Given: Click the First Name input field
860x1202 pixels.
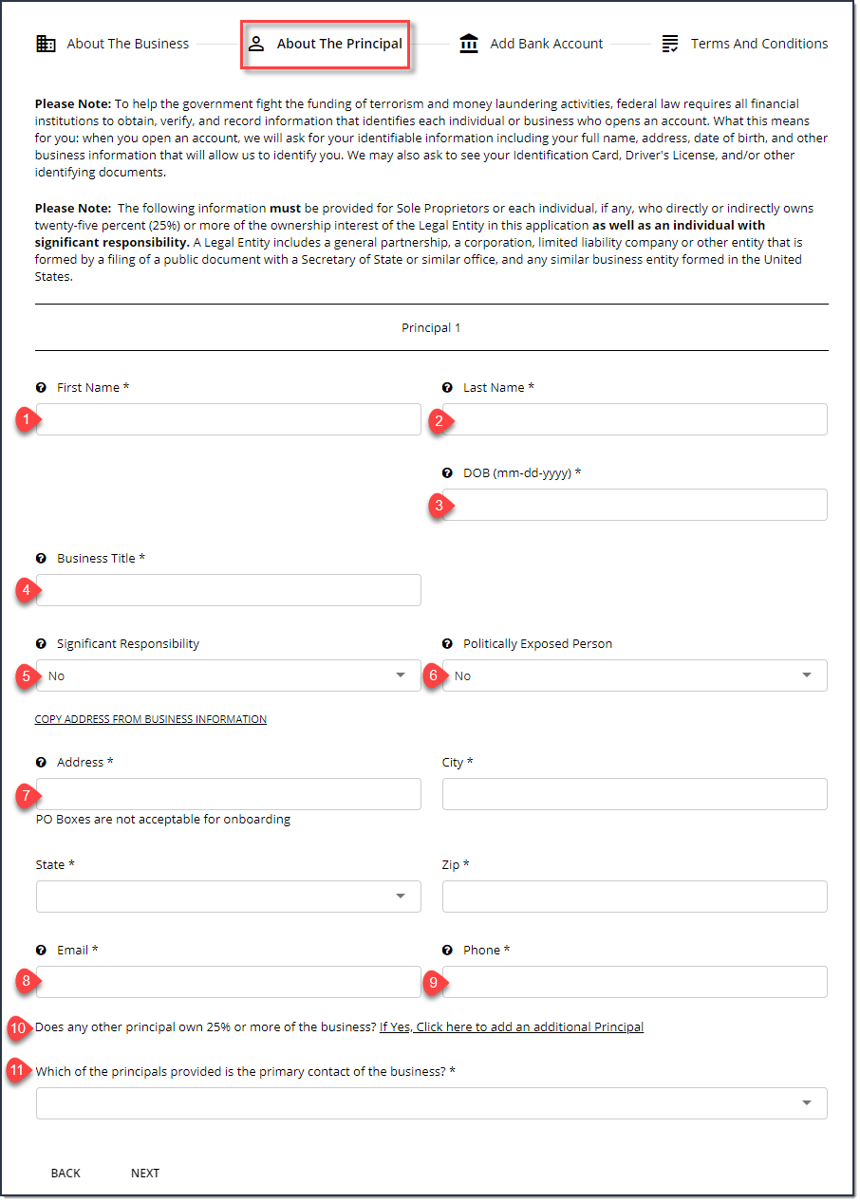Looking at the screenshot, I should click(x=228, y=419).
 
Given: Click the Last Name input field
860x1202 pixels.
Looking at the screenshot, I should click(x=634, y=419).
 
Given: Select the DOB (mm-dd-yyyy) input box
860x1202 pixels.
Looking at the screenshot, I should click(x=634, y=505).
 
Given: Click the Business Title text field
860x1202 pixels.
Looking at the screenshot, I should click(x=228, y=590).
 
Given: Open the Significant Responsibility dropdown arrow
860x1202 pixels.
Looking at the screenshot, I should click(x=401, y=675).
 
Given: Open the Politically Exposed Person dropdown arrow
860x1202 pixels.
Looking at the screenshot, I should click(x=807, y=675).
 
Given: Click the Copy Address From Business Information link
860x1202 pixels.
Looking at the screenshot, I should click(x=151, y=719).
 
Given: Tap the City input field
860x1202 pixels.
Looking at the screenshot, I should click(x=634, y=794).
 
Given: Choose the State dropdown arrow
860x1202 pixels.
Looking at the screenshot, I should click(x=401, y=897).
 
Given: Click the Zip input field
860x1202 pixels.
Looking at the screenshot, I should click(x=634, y=897).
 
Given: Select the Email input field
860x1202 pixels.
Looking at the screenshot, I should click(x=228, y=982).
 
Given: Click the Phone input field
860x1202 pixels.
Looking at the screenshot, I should click(x=634, y=982).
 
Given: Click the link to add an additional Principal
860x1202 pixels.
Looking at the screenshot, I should click(x=512, y=1026).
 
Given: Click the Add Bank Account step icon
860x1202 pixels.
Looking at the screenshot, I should click(x=469, y=44).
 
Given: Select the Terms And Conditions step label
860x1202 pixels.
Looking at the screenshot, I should click(x=758, y=44).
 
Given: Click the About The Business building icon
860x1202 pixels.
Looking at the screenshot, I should click(x=46, y=44).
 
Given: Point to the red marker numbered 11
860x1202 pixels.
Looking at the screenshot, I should click(x=16, y=1071).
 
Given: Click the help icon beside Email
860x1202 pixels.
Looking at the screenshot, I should click(x=41, y=951).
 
